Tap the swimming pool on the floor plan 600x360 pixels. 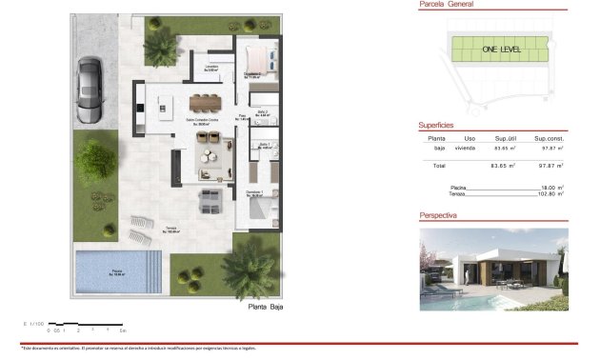pos(112,272)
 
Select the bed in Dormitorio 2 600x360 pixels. pos(258,58)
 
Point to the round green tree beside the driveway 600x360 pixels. pos(95,158)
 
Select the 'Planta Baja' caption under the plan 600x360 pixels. pos(266,308)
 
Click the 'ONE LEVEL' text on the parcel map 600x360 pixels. pos(500,49)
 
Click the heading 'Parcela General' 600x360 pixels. pos(447,5)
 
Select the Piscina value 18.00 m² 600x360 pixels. pos(552,189)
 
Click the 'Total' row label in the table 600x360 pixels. pos(439,166)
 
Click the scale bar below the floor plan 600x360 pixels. pos(86,326)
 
